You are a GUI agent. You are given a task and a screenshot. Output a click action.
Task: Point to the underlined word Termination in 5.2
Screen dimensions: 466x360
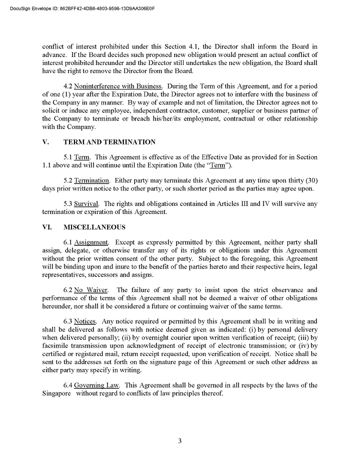(x=91, y=180)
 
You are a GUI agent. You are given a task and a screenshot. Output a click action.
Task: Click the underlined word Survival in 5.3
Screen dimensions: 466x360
(x=86, y=203)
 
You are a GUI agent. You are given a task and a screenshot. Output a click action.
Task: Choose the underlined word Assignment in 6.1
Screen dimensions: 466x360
(x=91, y=242)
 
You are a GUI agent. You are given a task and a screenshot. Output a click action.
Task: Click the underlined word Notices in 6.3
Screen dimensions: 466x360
(x=85, y=322)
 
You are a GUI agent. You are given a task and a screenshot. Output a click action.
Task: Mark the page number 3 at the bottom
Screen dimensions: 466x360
(x=180, y=440)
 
